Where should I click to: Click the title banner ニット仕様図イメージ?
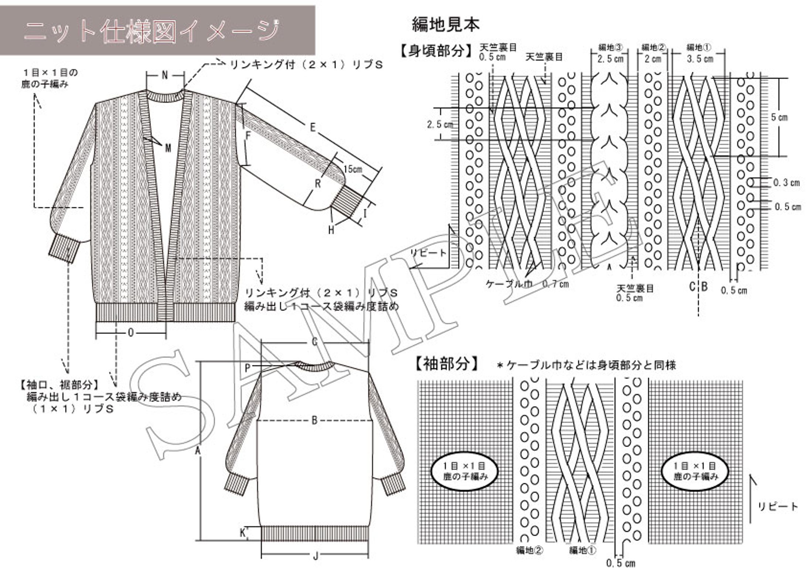151,31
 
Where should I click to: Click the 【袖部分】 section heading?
447,364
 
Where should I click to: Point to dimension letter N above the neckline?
165,75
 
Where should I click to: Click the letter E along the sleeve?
313,128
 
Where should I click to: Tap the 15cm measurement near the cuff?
353,169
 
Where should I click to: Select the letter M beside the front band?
168,148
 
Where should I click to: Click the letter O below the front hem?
131,333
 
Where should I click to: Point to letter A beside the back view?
198,451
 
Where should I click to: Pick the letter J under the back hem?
315,556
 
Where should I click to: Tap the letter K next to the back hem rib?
243,533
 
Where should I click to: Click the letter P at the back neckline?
248,368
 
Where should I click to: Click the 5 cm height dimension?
779,117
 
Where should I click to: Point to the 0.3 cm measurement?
786,182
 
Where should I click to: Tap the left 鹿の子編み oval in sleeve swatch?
465,472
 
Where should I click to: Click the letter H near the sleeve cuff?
331,230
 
